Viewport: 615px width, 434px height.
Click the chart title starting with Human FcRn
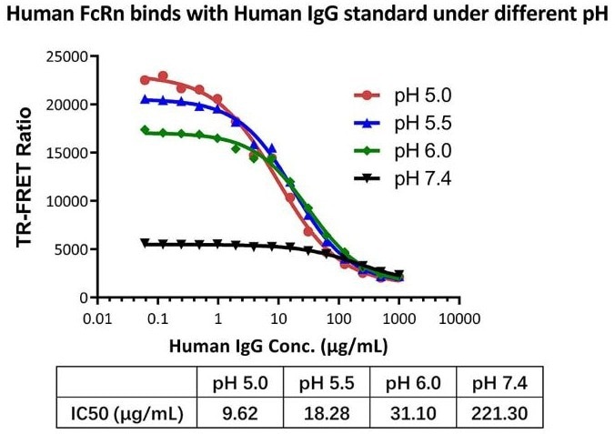point(307,15)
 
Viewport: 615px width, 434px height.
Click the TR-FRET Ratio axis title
point(24,177)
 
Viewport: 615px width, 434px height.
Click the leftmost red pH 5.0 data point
point(145,79)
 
